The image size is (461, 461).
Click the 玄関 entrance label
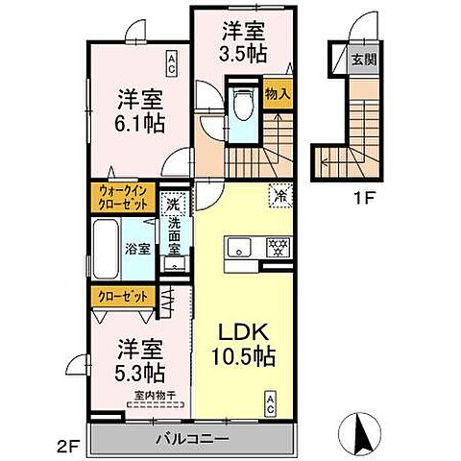tap(364, 61)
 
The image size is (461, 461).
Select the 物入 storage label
tap(279, 94)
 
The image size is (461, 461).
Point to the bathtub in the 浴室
tap(107, 249)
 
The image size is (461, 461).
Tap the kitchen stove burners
tap(277, 247)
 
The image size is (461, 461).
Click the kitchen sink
tap(238, 248)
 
